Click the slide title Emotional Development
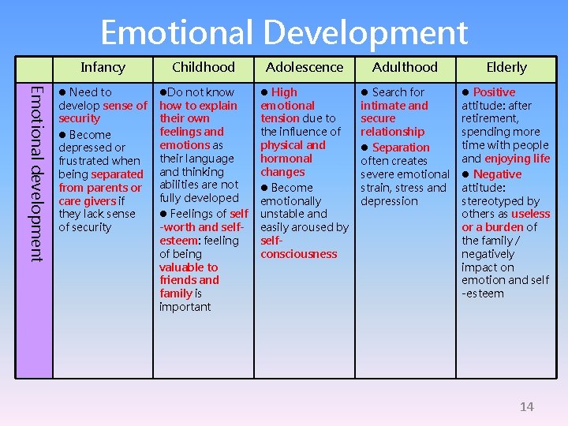284,33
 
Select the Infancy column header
103,67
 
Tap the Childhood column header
204,67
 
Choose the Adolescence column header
305,67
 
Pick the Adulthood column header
405,67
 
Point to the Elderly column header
506,67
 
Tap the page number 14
526,406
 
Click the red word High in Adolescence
284,92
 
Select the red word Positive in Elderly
494,92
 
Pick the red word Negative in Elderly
497,174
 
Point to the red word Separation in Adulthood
401,148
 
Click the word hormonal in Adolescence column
286,159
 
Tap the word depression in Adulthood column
389,201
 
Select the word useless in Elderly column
530,214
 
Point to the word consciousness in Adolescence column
298,254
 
